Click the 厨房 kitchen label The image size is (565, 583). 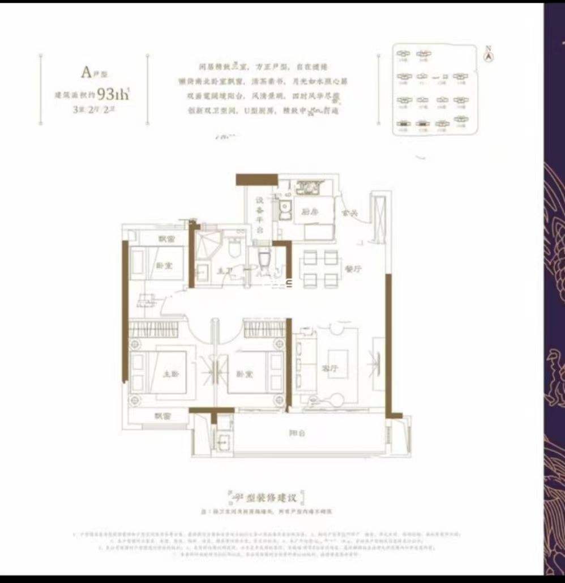(308, 213)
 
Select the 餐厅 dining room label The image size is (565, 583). (353, 269)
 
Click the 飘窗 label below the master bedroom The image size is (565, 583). (162, 416)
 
